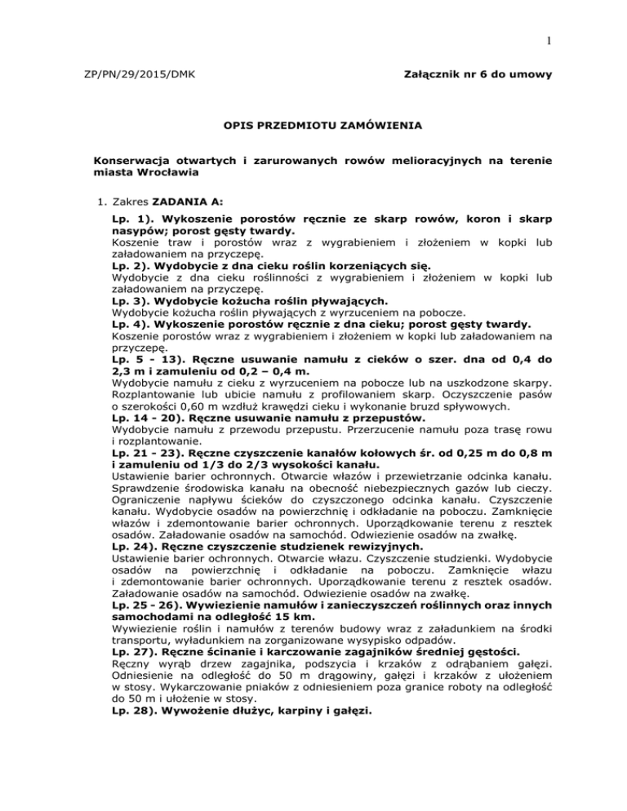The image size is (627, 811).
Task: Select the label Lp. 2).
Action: [x=132, y=289]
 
